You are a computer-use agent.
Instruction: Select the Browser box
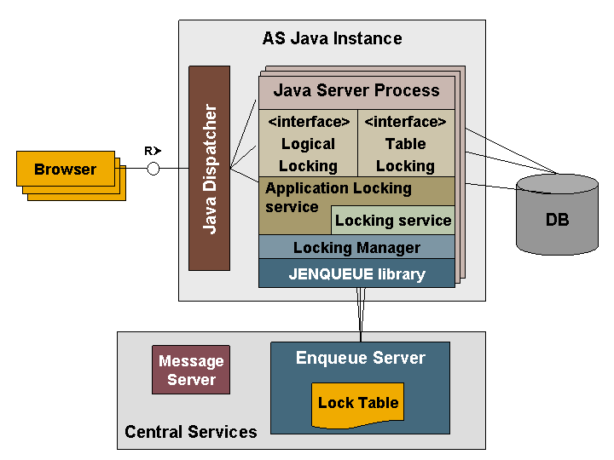tap(66, 169)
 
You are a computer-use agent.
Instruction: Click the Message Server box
tap(191, 371)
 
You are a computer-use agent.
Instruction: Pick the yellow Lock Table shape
tap(358, 403)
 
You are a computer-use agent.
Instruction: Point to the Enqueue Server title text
tap(360, 358)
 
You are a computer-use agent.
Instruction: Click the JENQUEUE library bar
tap(356, 273)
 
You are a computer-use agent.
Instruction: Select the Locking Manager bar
tap(356, 248)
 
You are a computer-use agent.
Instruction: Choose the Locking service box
tap(392, 221)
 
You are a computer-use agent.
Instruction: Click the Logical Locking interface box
tap(308, 144)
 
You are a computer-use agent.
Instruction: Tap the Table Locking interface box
tap(405, 144)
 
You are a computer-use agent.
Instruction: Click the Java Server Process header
tap(356, 90)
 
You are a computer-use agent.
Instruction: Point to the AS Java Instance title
tap(332, 38)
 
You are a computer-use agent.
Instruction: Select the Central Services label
tap(191, 432)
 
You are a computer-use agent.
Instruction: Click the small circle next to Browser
tap(153, 169)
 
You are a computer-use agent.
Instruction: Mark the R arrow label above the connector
tap(152, 151)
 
